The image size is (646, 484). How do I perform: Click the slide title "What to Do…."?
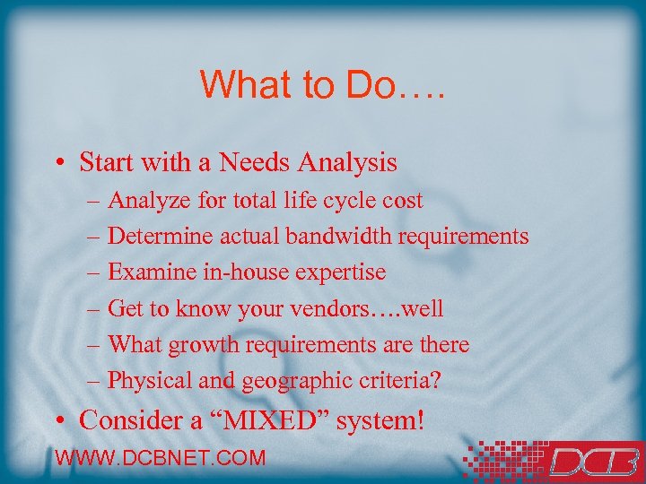[322, 84]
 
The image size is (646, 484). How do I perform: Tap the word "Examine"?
[146, 272]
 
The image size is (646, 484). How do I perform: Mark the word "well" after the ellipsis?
[423, 308]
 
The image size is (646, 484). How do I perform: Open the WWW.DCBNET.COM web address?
[161, 458]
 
